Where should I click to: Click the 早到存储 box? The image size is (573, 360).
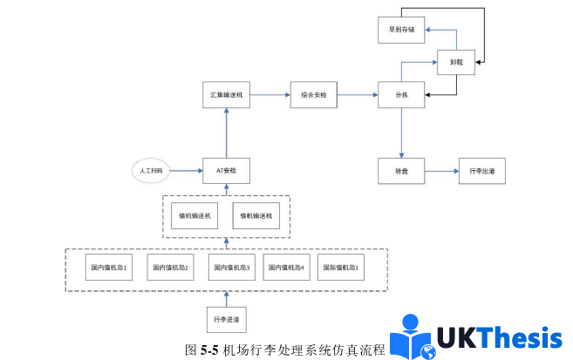pyautogui.click(x=401, y=29)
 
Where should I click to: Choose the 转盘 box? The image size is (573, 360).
pyautogui.click(x=401, y=172)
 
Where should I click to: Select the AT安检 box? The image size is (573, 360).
pyautogui.click(x=225, y=171)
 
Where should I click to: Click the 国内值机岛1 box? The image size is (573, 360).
pyautogui.click(x=111, y=268)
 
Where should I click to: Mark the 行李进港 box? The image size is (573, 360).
pyautogui.click(x=226, y=320)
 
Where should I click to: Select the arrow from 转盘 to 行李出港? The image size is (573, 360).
pyautogui.click(x=440, y=172)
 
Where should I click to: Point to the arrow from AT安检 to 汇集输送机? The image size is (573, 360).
pyautogui.click(x=225, y=132)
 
